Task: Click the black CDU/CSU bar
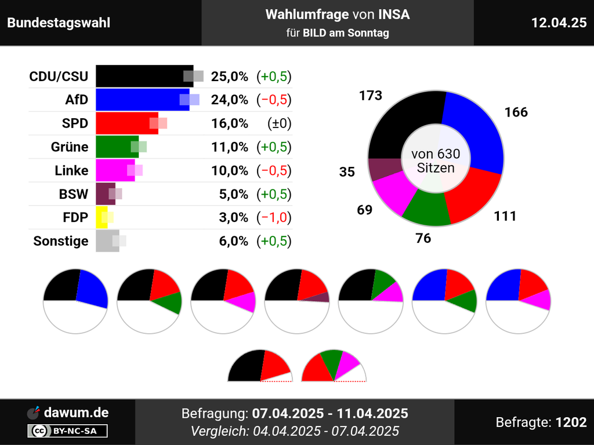tap(139, 76)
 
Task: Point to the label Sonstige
tap(61, 241)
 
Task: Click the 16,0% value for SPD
tap(230, 123)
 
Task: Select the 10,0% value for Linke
tap(230, 170)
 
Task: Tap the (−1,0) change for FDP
tap(274, 217)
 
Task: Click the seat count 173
tap(371, 96)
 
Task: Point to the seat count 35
tap(347, 172)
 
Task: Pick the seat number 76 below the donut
tap(423, 238)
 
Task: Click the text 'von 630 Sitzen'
tap(436, 161)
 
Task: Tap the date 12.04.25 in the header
tap(559, 23)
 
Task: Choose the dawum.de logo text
tap(76, 413)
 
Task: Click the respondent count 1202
tap(571, 422)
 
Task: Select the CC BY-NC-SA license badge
tap(67, 431)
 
